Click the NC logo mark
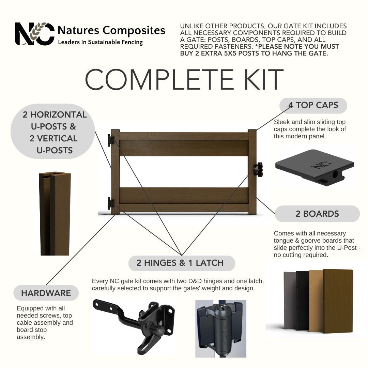pyautogui.click(x=34, y=34)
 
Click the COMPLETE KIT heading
pyautogui.click(x=184, y=79)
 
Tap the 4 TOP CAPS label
pyautogui.click(x=313, y=105)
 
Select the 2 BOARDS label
pyautogui.click(x=317, y=214)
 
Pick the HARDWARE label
pyautogui.click(x=46, y=293)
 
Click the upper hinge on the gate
pyautogui.click(x=111, y=140)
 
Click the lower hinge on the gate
pyautogui.click(x=111, y=203)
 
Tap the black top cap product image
pyautogui.click(x=315, y=167)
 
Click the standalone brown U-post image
pyautogui.click(x=55, y=213)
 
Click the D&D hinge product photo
pyautogui.click(x=220, y=329)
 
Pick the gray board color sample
pyautogui.click(x=290, y=301)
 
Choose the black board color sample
pyautogui.click(x=302, y=301)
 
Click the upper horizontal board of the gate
pyautogui.click(x=184, y=148)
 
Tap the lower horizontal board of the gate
pyautogui.click(x=184, y=196)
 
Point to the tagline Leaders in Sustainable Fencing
pyautogui.click(x=101, y=42)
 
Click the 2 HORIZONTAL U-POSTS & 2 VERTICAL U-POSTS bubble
pyautogui.click(x=53, y=132)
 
